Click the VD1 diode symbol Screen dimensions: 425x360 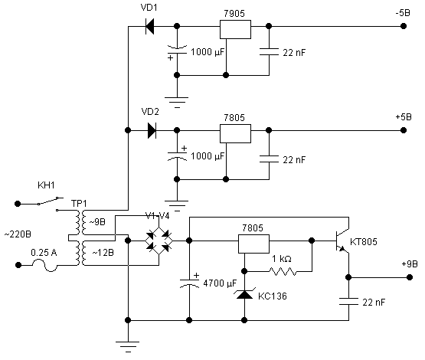(149, 26)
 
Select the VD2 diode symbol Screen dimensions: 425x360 (152, 130)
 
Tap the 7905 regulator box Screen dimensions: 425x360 (235, 29)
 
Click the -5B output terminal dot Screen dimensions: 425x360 (404, 26)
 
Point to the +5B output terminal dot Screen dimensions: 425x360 (404, 130)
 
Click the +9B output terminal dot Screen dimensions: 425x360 (410, 277)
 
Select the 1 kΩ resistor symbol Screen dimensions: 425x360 (283, 271)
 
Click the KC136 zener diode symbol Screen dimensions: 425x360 (244, 294)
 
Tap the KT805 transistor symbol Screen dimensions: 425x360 (342, 241)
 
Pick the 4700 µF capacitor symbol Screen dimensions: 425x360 (189, 283)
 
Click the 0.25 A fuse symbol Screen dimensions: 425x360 (44, 265)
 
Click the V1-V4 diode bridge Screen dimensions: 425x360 (159, 241)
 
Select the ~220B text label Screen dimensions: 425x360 (18, 234)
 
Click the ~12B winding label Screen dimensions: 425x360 (103, 253)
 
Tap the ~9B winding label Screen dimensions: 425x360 (97, 222)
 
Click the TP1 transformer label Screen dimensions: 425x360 (79, 204)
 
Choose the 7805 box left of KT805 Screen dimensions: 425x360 (253, 244)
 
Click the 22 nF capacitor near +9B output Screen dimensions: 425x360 (348, 301)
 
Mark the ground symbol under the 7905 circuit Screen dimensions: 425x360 (177, 102)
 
